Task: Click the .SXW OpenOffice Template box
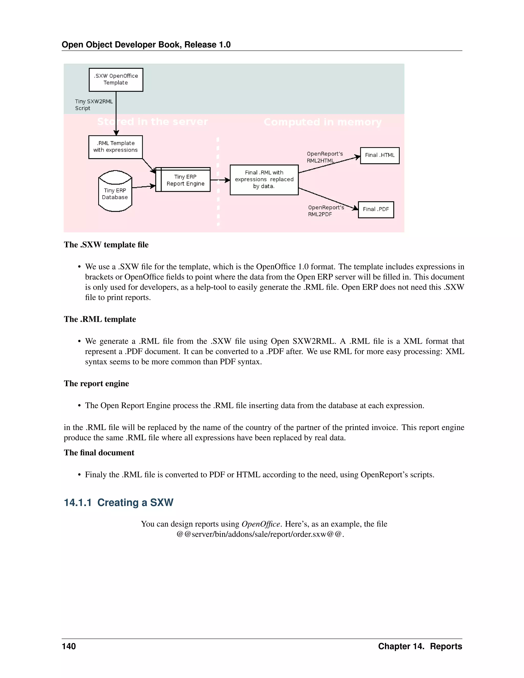(x=116, y=80)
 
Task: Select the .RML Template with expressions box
(x=115, y=147)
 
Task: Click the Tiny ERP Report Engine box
(x=185, y=180)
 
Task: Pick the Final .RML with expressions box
(x=264, y=180)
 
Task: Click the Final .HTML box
(x=379, y=155)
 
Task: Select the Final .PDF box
(x=376, y=210)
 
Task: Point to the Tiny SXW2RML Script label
(x=93, y=105)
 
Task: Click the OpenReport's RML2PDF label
(x=326, y=211)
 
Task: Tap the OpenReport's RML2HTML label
(x=324, y=157)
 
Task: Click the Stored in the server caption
(x=152, y=122)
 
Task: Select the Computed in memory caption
(x=323, y=122)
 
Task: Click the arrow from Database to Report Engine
(x=144, y=187)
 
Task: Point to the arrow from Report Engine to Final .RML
(x=220, y=180)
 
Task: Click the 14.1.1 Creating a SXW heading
(x=118, y=502)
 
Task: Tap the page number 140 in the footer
(x=69, y=646)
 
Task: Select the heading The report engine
(x=96, y=384)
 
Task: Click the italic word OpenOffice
(x=261, y=524)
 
